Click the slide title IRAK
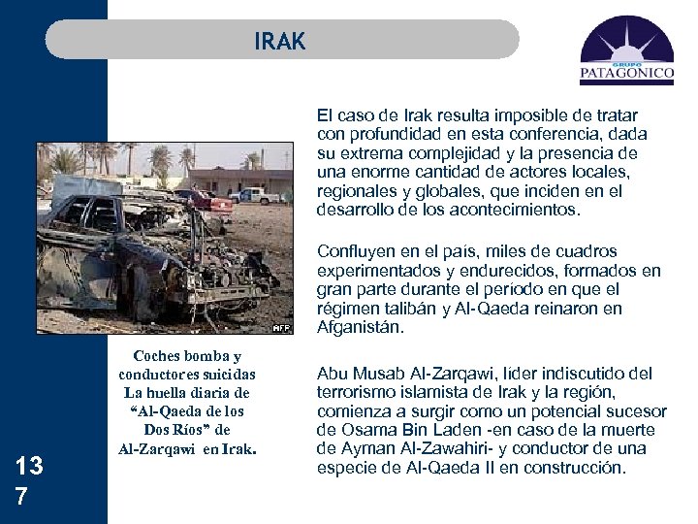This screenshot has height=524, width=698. pyautogui.click(x=280, y=41)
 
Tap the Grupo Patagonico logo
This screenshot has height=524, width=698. pyautogui.click(x=626, y=52)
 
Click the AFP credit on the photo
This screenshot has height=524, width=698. pyautogui.click(x=280, y=328)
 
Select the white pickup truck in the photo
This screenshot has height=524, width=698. pyautogui.click(x=258, y=194)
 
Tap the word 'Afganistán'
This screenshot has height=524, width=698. pyautogui.click(x=361, y=328)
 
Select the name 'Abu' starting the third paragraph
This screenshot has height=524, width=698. pyautogui.click(x=333, y=373)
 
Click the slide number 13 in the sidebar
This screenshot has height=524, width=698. pyautogui.click(x=29, y=466)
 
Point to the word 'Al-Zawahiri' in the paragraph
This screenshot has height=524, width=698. pyautogui.click(x=417, y=448)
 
